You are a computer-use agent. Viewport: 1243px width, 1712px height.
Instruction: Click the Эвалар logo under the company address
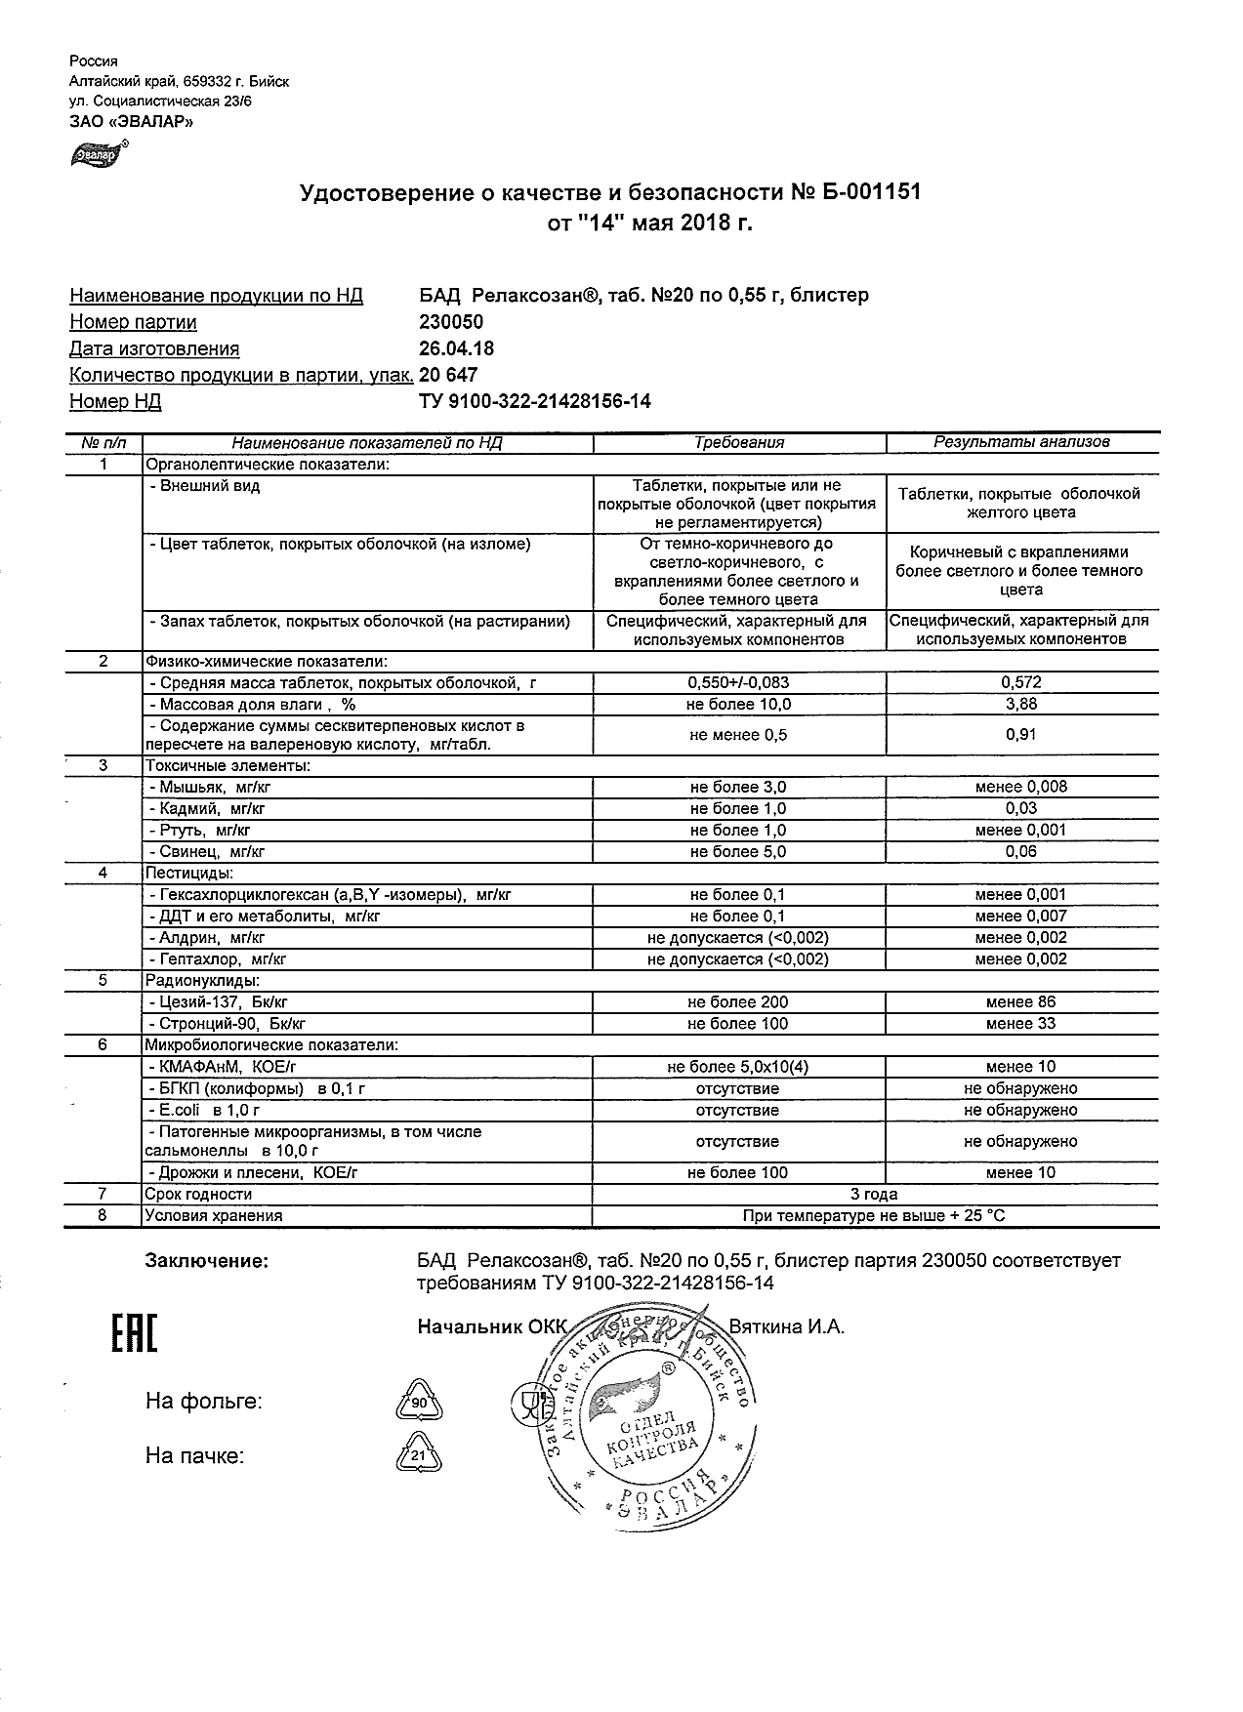[x=95, y=153]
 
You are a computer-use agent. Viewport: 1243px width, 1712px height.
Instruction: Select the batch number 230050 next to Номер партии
[x=450, y=322]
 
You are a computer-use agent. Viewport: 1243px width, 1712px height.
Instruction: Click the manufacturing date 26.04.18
[x=456, y=348]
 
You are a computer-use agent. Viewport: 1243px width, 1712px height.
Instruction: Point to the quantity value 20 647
[x=448, y=375]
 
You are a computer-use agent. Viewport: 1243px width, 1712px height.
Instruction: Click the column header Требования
[x=739, y=442]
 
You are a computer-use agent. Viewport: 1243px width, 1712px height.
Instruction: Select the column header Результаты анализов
[x=1021, y=442]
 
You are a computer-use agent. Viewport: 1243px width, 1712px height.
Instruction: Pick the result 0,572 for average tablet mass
[x=1021, y=683]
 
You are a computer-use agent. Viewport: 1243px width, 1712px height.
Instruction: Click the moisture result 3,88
[x=1021, y=705]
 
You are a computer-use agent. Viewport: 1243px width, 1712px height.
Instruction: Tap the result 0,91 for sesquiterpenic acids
[x=1021, y=735]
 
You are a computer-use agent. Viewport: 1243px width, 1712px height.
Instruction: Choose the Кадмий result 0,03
[x=1021, y=808]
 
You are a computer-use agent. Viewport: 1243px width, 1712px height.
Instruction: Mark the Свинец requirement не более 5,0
[x=738, y=851]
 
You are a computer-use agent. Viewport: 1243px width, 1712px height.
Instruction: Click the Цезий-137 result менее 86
[x=1021, y=1001]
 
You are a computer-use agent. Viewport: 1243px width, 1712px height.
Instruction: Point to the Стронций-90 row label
[x=228, y=1024]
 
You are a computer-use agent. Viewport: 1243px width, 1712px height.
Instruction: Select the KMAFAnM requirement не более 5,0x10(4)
[x=738, y=1067]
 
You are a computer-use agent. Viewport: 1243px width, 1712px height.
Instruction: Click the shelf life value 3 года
[x=875, y=1194]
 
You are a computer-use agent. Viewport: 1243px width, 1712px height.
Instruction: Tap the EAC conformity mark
[x=134, y=1333]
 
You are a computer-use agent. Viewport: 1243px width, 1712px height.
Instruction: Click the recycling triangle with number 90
[x=420, y=1403]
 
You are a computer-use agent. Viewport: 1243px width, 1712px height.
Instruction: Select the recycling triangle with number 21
[x=420, y=1455]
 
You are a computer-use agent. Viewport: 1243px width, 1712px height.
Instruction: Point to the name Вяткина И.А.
[x=787, y=1326]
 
